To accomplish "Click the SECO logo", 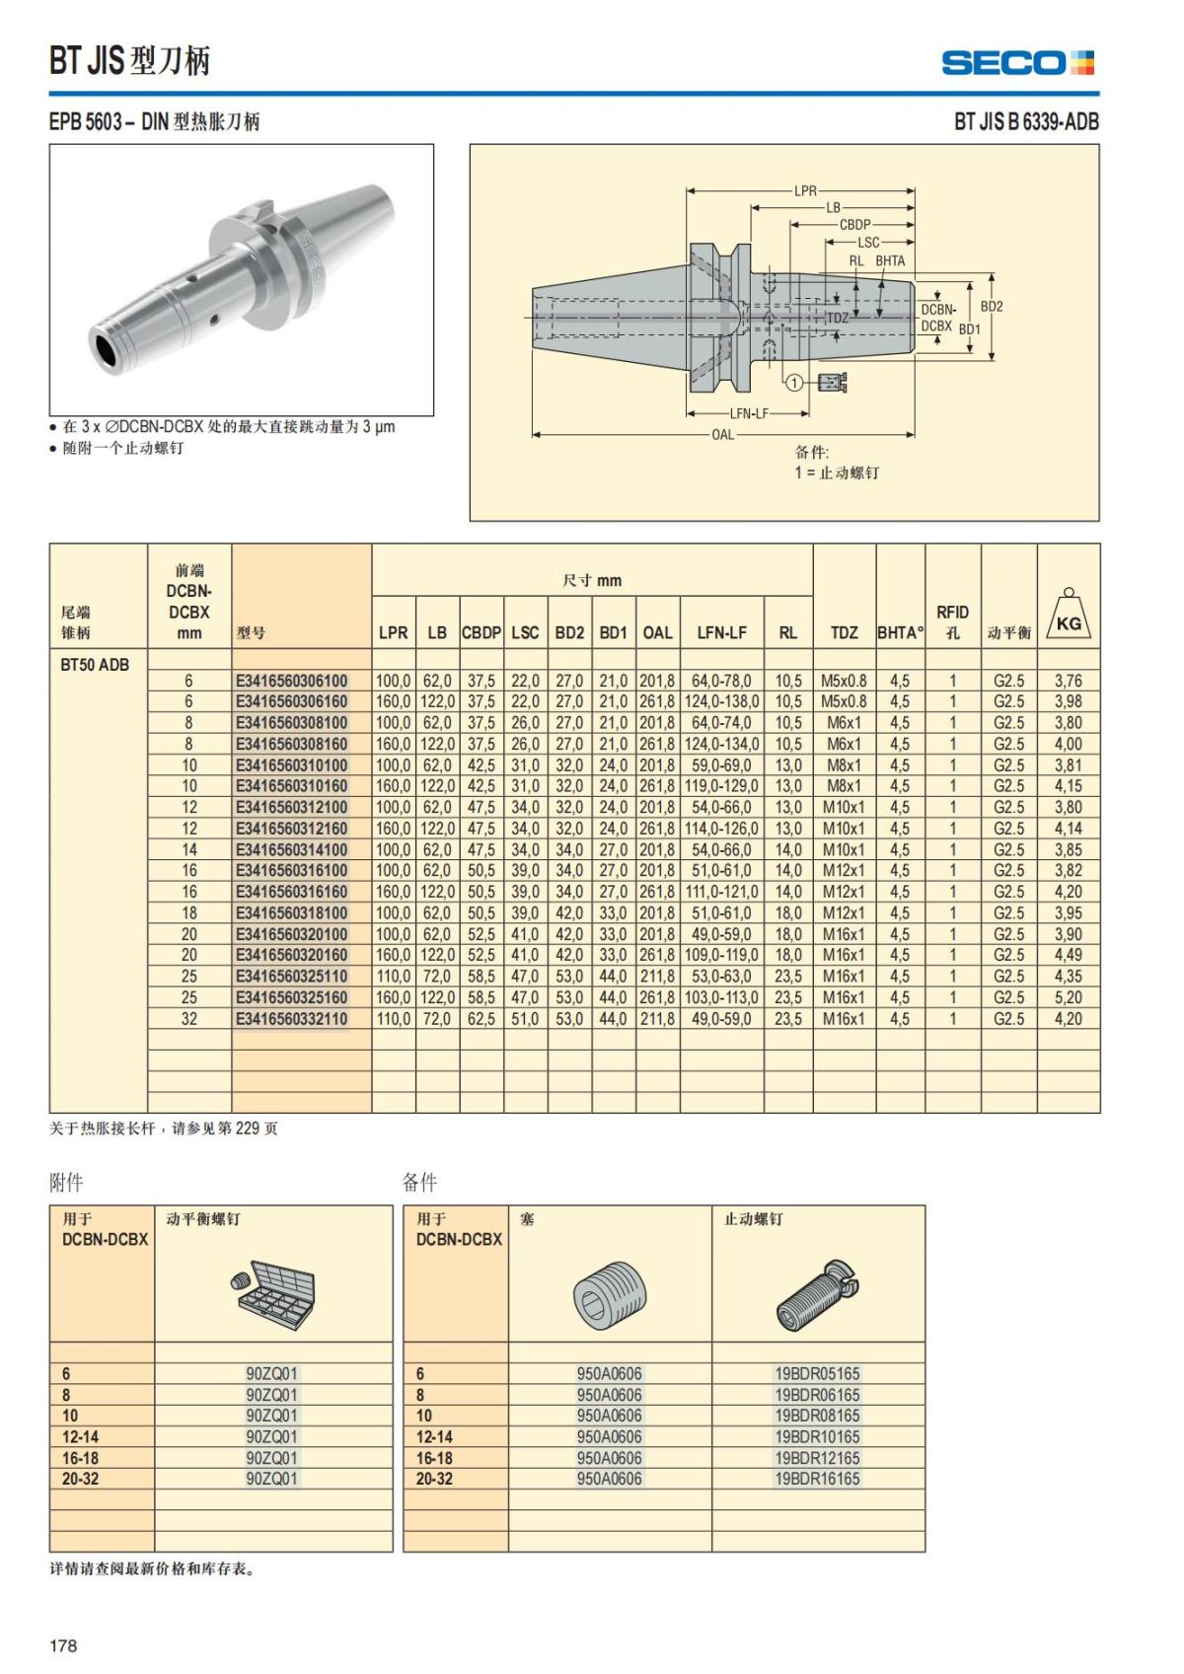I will (x=1017, y=63).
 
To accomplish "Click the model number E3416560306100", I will (x=292, y=681).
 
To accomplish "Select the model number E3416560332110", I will (x=292, y=1019).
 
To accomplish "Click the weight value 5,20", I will (x=1068, y=997).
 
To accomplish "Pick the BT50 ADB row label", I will (x=95, y=664).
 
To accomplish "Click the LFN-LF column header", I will (x=721, y=632).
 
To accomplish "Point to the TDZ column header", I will (x=844, y=632).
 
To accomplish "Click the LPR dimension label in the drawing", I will (x=805, y=191).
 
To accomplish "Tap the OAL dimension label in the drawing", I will (x=722, y=434).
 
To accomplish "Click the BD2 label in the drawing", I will (x=991, y=307).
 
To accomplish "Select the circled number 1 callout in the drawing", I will (x=793, y=382).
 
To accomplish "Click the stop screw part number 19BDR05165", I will (x=817, y=1373).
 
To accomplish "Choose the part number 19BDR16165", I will (x=817, y=1479).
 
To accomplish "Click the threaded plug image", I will (x=609, y=1294).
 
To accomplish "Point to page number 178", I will (x=63, y=1645).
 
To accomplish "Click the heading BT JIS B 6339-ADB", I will (x=1025, y=122).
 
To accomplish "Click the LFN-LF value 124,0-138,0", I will (x=721, y=701).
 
